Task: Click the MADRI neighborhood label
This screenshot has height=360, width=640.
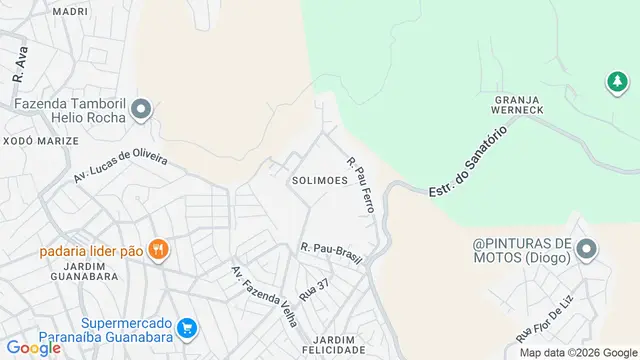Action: [70, 11]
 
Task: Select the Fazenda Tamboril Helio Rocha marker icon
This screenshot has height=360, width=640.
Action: [141, 109]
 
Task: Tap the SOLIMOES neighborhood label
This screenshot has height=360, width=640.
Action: [319, 181]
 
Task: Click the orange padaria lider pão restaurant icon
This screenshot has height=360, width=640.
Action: [157, 250]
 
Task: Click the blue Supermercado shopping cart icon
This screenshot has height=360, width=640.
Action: [186, 327]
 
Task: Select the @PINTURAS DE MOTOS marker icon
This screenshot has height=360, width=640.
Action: [586, 249]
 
